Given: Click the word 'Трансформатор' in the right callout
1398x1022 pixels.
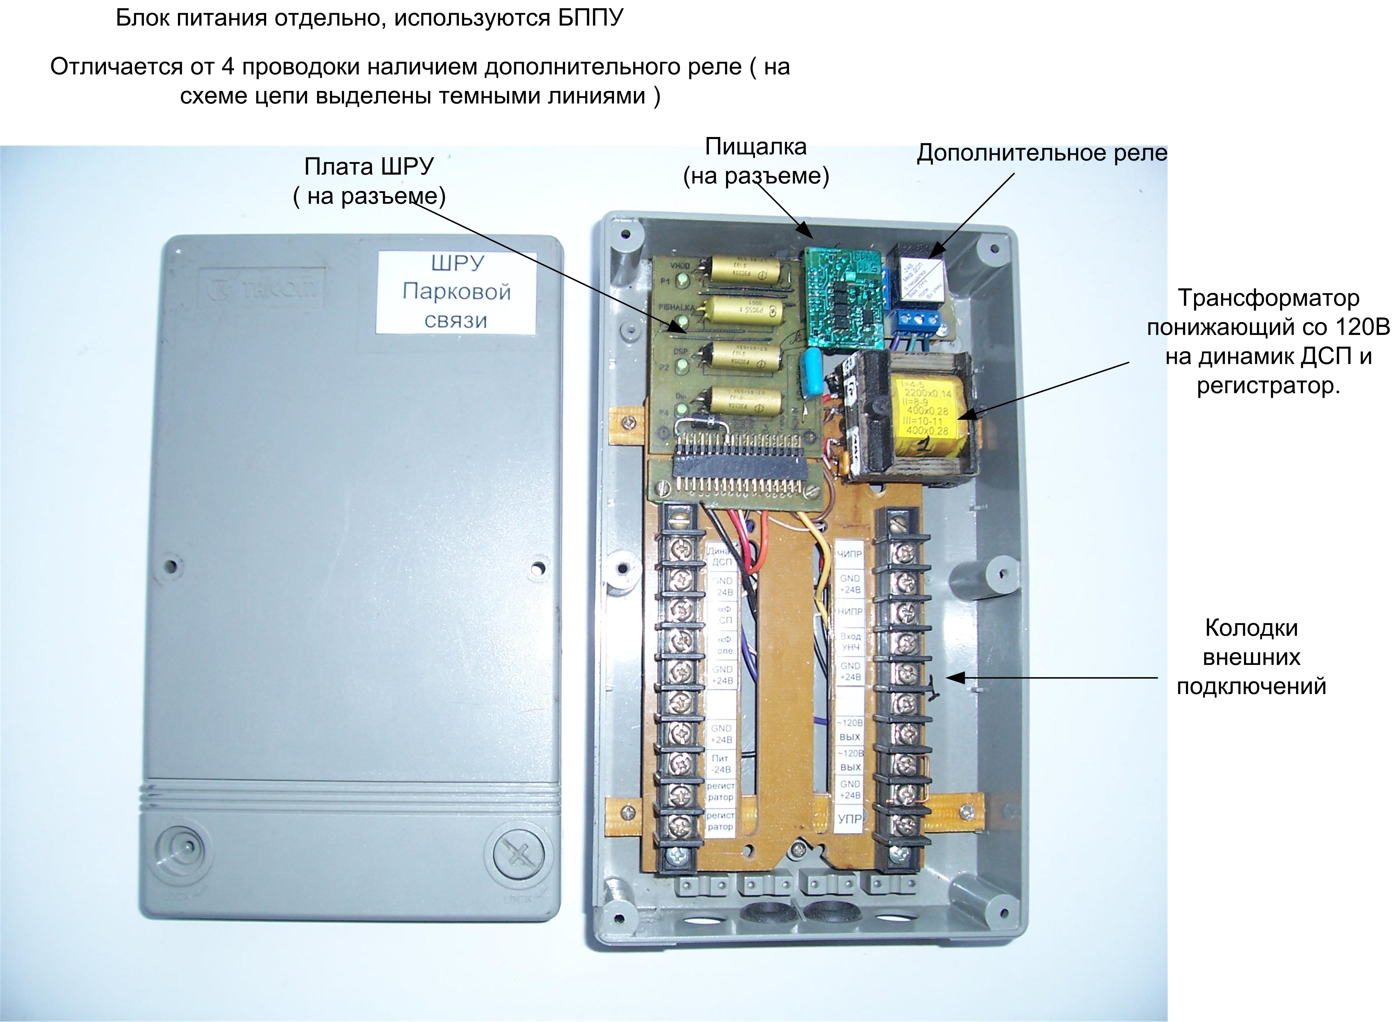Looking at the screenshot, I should pyautogui.click(x=1268, y=298).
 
